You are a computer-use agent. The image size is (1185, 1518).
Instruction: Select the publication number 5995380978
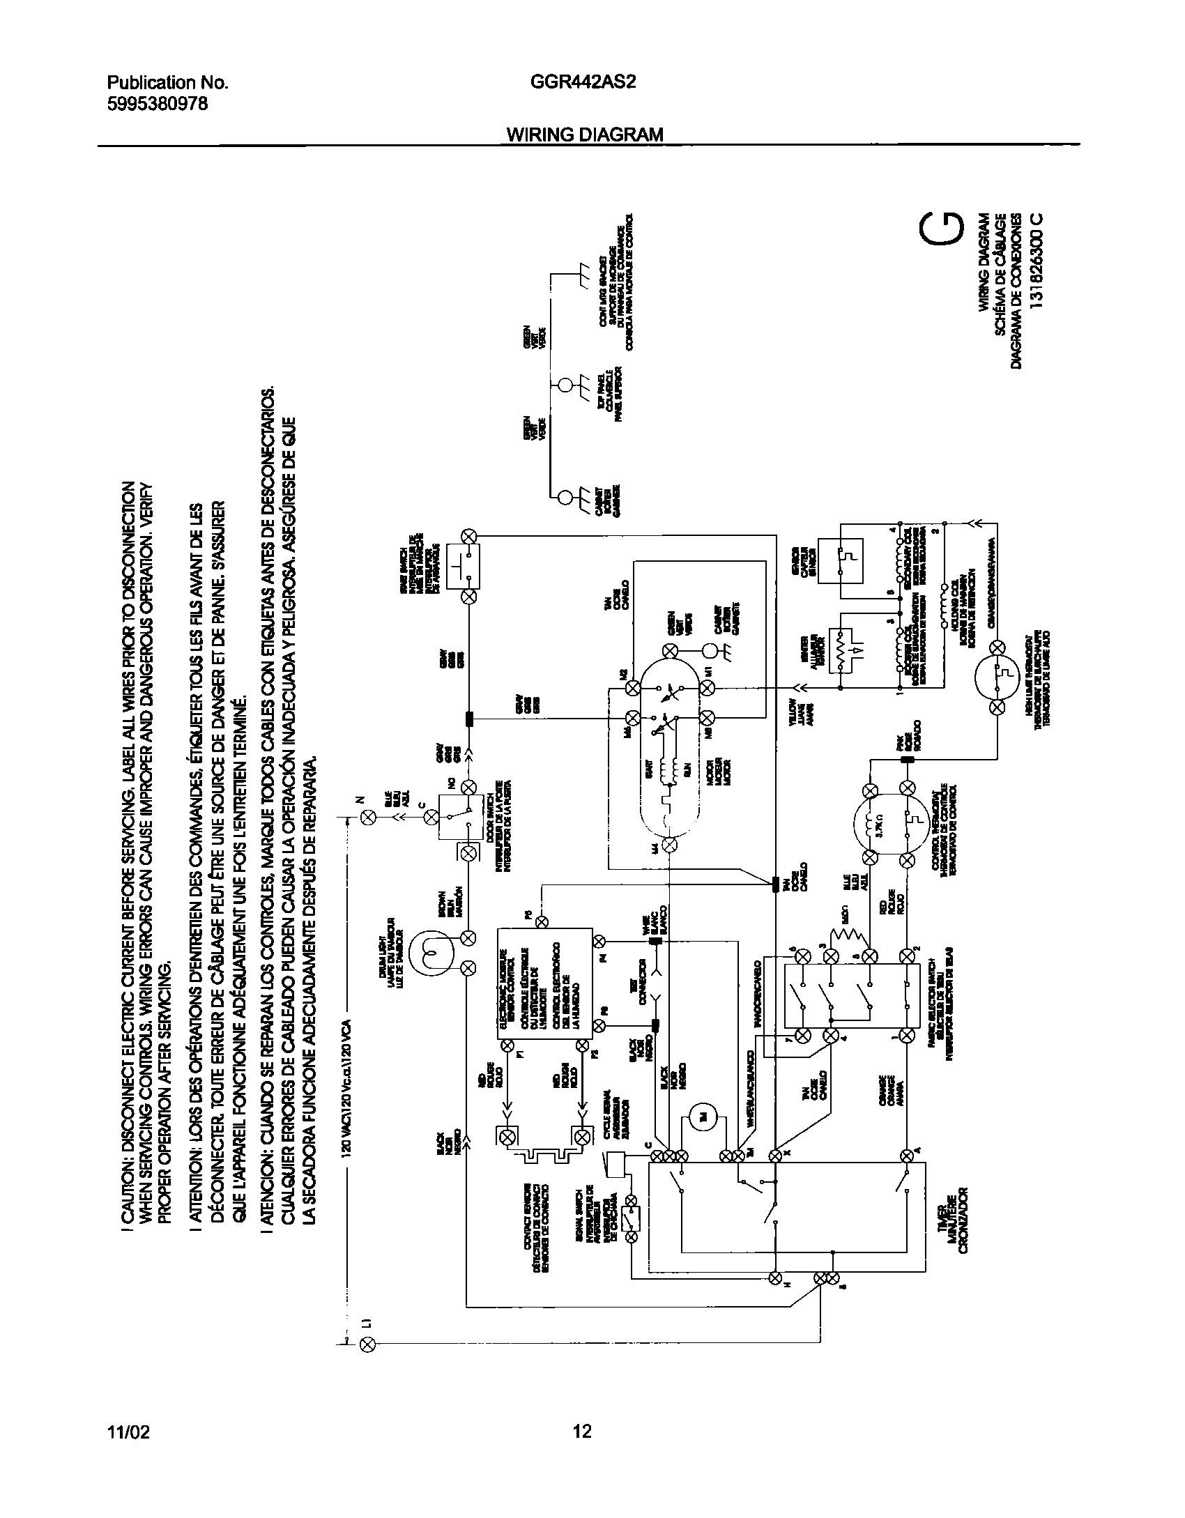pyautogui.click(x=157, y=103)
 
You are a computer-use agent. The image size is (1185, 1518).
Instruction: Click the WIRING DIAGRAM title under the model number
pyautogui.click(x=584, y=135)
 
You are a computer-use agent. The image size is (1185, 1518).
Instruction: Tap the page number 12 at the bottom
pyautogui.click(x=582, y=1432)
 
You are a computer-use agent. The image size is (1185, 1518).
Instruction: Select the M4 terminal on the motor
pyautogui.click(x=670, y=845)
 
